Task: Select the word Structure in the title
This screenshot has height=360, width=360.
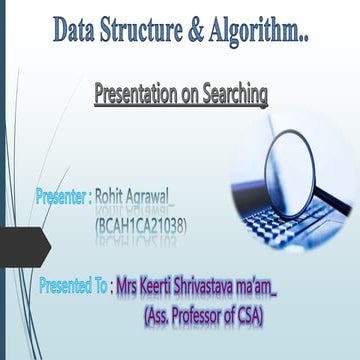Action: point(153,31)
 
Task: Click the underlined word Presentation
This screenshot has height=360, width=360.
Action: point(136,96)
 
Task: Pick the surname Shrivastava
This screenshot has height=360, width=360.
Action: point(225,286)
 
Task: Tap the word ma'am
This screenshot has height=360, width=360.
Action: point(291,286)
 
